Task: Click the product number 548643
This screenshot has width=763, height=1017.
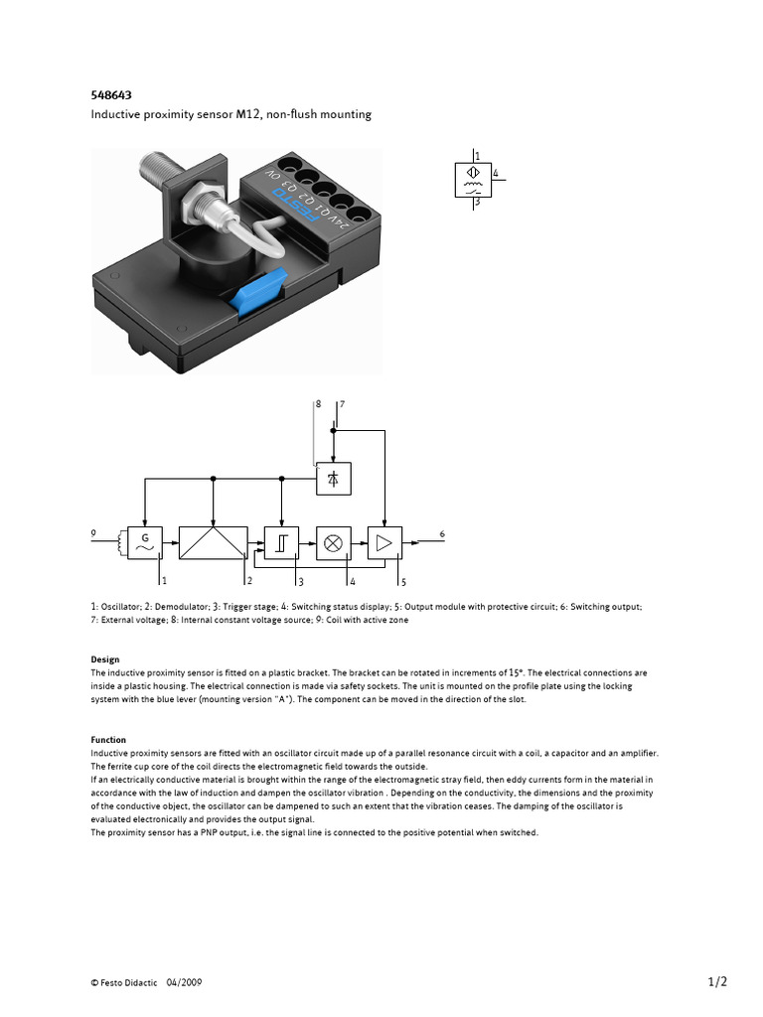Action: (x=111, y=95)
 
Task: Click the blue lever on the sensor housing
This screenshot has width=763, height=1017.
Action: (x=257, y=291)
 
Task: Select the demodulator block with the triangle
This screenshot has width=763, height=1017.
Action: (x=213, y=541)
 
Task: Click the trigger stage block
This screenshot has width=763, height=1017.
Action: (x=282, y=541)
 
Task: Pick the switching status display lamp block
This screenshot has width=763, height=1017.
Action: (x=334, y=541)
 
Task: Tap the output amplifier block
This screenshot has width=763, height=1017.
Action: (x=383, y=541)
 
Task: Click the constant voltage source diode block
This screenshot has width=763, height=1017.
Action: (x=334, y=479)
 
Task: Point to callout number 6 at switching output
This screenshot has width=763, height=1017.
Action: (x=441, y=534)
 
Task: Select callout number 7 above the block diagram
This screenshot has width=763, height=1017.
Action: (x=342, y=405)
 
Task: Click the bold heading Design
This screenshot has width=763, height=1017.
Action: (x=104, y=659)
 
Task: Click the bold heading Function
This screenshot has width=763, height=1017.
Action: (x=108, y=740)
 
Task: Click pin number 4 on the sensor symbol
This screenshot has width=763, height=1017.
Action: (x=495, y=174)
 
